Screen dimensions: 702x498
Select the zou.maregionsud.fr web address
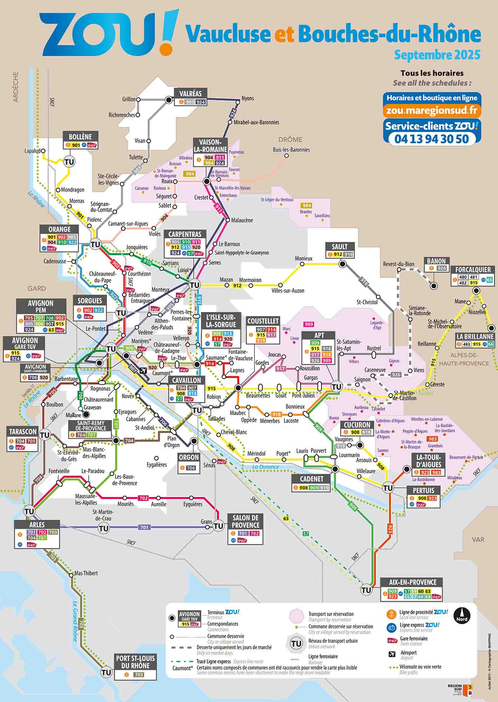[432, 111]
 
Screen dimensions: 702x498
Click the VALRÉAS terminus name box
[190, 94]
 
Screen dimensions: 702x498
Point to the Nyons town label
[248, 98]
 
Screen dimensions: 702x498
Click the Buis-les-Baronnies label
[291, 150]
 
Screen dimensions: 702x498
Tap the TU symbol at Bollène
[69, 162]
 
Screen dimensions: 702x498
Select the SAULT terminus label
[339, 247]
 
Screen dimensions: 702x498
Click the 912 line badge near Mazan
[237, 286]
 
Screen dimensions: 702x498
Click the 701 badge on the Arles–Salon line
[144, 527]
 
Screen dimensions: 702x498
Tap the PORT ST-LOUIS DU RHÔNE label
[135, 662]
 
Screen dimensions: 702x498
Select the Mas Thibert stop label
[86, 573]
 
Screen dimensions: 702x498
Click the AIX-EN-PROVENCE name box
[412, 582]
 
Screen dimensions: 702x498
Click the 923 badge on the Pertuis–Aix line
[389, 529]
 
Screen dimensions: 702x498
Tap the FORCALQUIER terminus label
[473, 270]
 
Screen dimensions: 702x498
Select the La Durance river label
[265, 467]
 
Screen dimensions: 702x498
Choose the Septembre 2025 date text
[437, 55]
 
